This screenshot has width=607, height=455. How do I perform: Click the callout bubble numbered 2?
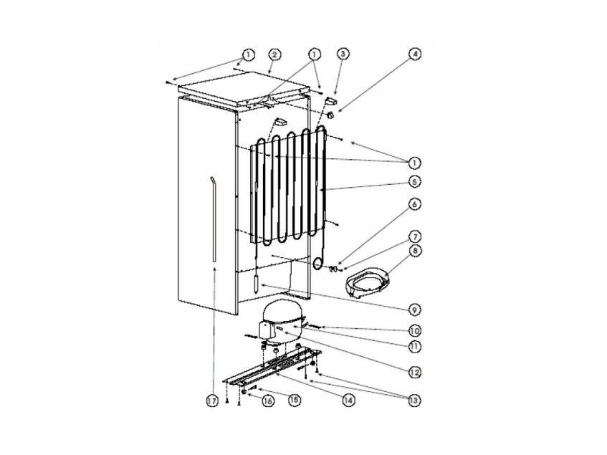click(275, 54)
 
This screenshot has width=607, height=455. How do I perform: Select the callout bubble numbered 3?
click(343, 54)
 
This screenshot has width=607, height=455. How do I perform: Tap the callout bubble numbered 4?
click(414, 54)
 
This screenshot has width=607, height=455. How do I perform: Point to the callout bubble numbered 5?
click(415, 182)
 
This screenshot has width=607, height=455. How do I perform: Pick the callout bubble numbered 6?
click(415, 204)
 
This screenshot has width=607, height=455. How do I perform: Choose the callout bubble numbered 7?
click(415, 236)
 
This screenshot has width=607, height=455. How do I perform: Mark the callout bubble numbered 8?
click(415, 251)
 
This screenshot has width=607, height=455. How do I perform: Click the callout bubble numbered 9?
click(415, 310)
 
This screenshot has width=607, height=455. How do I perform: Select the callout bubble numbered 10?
click(415, 331)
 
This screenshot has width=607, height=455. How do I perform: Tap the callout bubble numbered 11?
click(415, 347)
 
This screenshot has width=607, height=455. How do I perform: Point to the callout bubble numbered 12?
click(415, 373)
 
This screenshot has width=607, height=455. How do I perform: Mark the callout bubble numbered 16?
click(267, 402)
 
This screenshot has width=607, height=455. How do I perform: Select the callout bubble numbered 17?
click(213, 402)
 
